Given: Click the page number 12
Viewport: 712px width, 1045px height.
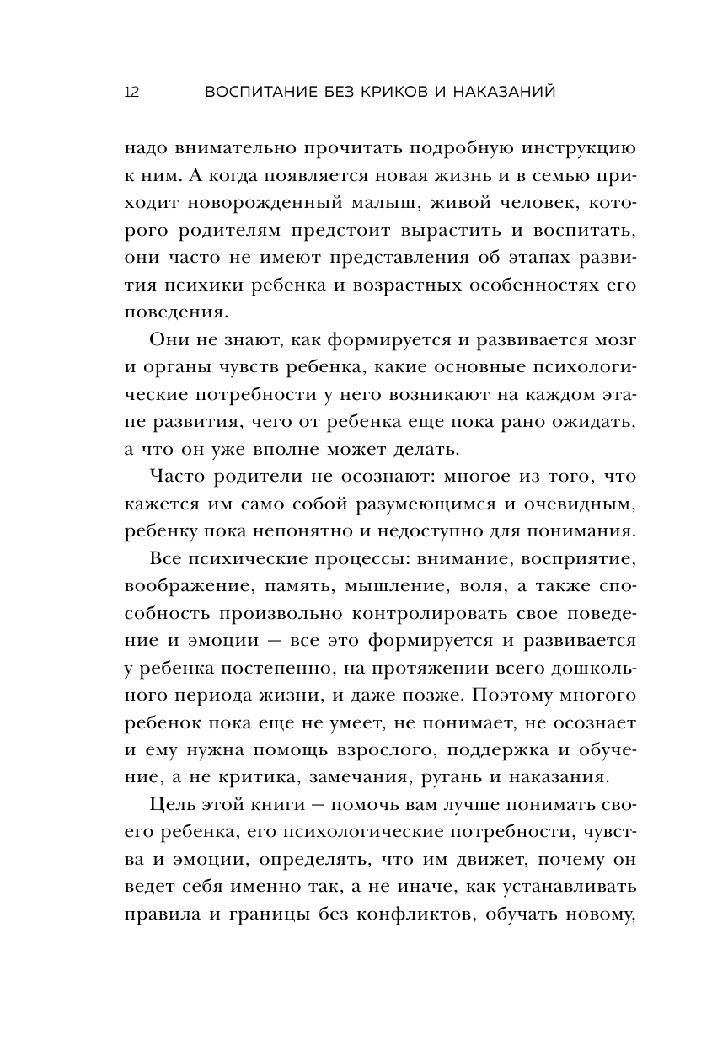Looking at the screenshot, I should pyautogui.click(x=131, y=92).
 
